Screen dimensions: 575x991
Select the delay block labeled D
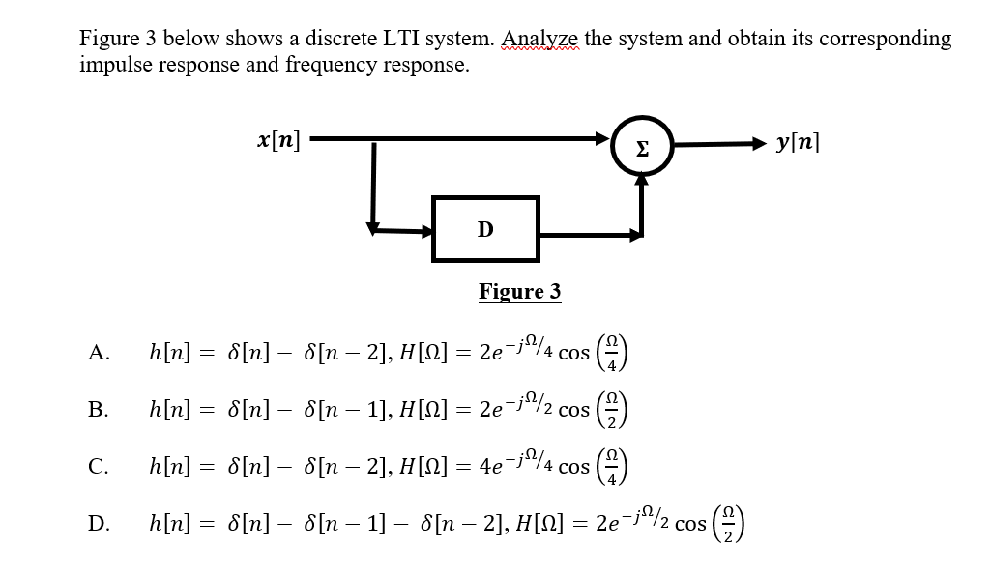[484, 229]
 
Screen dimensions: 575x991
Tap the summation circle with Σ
[640, 146]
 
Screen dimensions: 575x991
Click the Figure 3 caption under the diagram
[519, 292]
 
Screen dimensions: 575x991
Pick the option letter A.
[98, 353]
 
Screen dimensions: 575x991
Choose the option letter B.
[98, 410]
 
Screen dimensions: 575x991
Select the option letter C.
[98, 467]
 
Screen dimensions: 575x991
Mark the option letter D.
[98, 524]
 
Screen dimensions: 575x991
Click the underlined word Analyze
[541, 39]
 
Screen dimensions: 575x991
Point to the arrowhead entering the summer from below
[640, 181]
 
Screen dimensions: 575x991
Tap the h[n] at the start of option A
[170, 353]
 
